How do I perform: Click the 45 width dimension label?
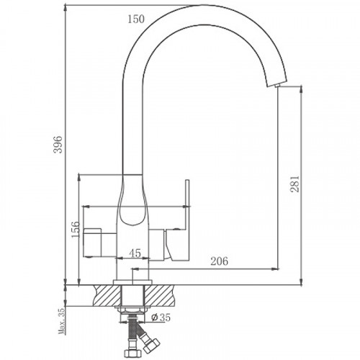(x=134, y=253)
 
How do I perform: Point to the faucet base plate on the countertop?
(x=133, y=280)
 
